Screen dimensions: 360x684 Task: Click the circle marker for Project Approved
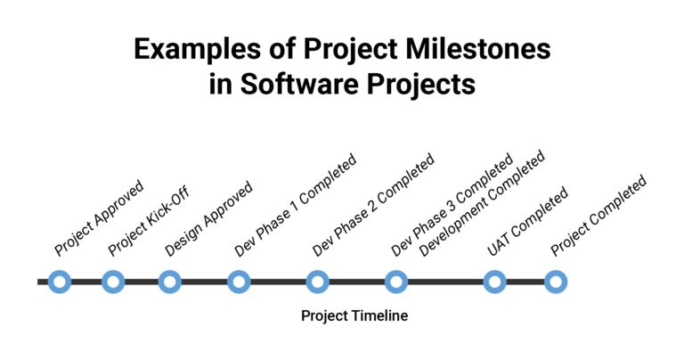[x=60, y=282]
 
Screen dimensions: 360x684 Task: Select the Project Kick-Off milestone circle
[x=113, y=282]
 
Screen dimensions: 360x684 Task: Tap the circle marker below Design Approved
[x=169, y=282]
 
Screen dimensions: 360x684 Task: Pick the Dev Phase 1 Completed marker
[x=239, y=282]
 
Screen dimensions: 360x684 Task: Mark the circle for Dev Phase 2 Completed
[x=317, y=282]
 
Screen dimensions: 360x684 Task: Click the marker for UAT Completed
[x=495, y=282]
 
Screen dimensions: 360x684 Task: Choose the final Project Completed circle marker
[x=556, y=282]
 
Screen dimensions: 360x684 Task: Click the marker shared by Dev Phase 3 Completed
[x=396, y=282]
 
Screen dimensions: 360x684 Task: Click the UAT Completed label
[x=527, y=222]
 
